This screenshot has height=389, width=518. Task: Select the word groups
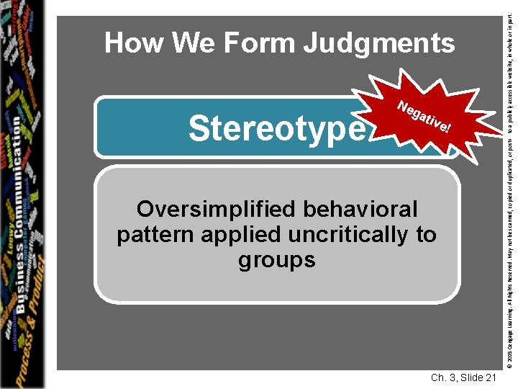(276, 259)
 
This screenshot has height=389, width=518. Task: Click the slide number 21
(488, 378)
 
